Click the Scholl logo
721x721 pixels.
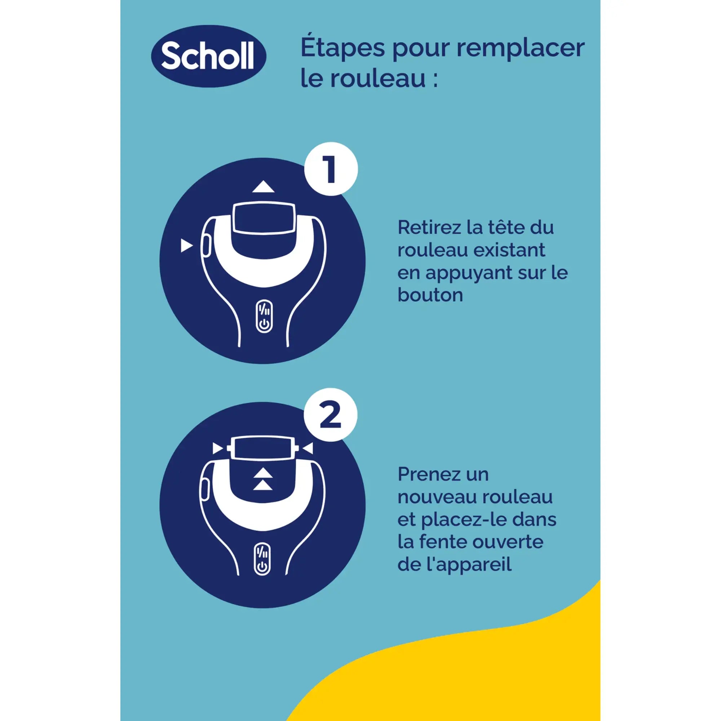[208, 56]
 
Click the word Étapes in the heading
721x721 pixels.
[342, 48]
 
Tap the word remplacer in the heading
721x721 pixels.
[521, 48]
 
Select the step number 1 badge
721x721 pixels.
[331, 169]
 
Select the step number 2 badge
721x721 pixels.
[331, 415]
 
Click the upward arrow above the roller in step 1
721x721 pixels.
[263, 187]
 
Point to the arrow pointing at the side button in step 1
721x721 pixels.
[186, 246]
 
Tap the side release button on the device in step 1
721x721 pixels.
[205, 246]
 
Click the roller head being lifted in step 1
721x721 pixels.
[264, 218]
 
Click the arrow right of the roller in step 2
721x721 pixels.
[308, 448]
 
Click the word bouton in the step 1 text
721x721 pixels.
[430, 295]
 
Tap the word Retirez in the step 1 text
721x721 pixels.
[429, 227]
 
